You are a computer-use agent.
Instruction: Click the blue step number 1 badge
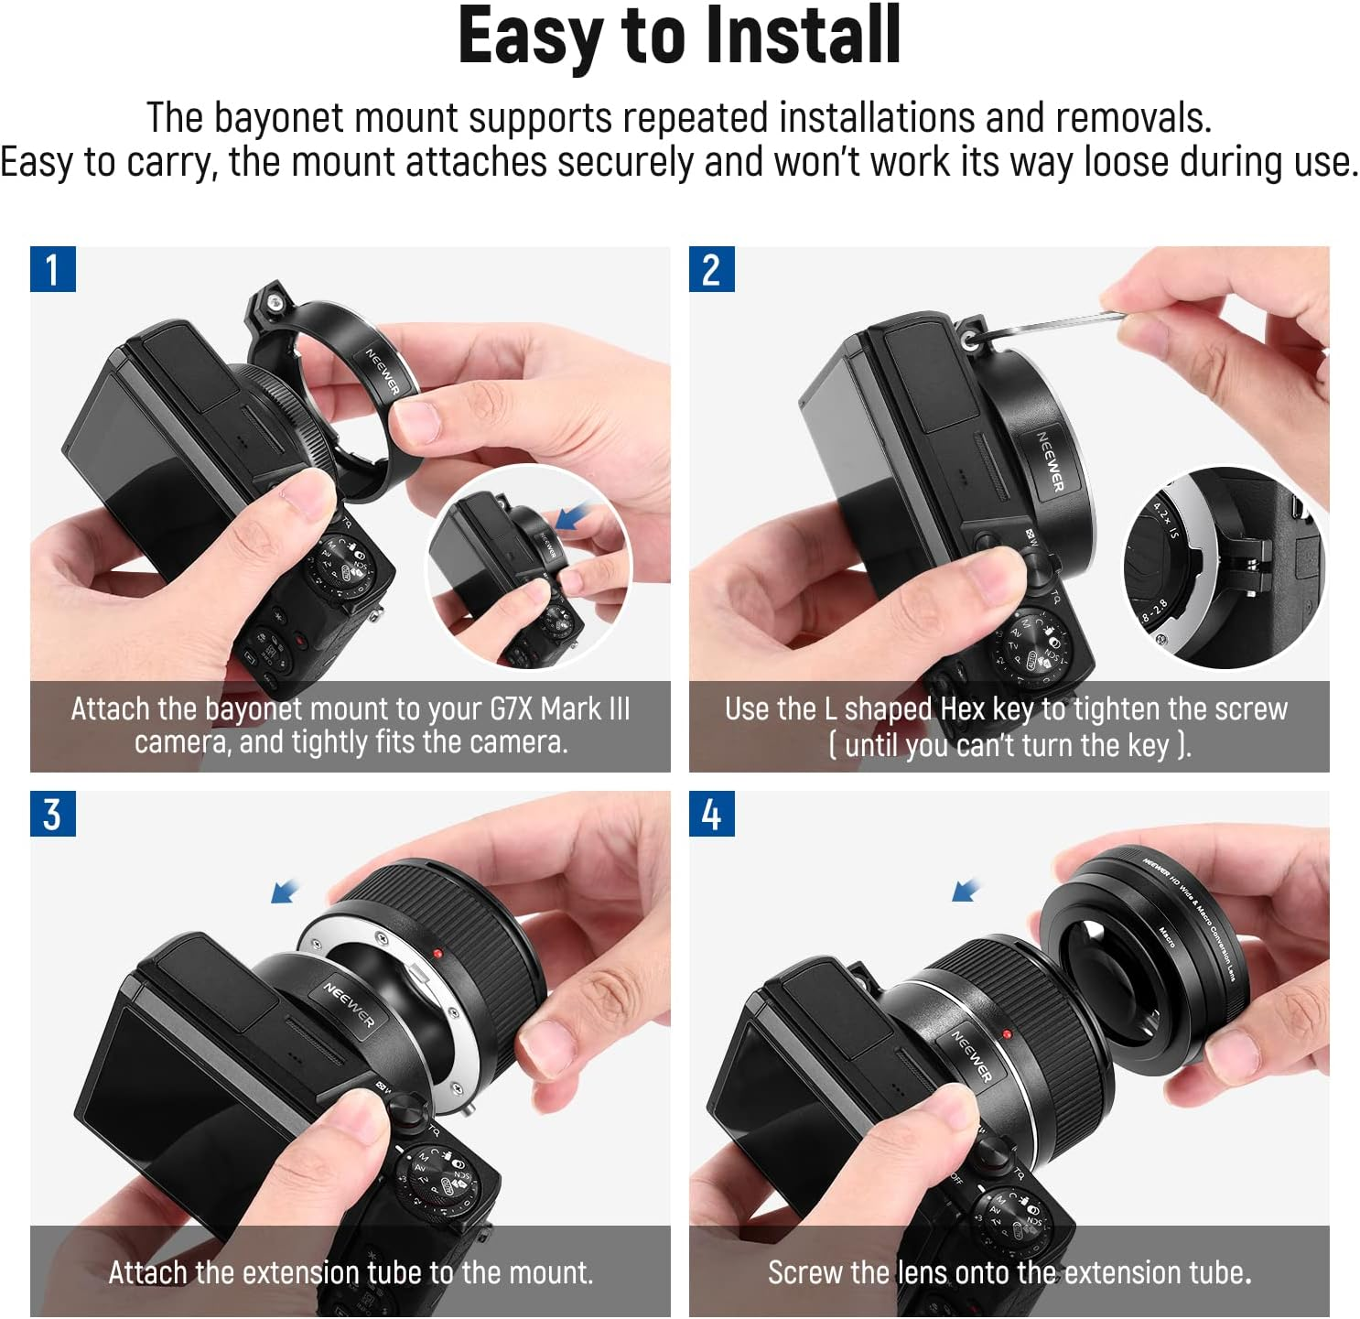click(x=52, y=269)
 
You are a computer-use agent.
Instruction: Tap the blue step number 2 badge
click(x=711, y=269)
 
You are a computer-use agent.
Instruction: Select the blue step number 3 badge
click(x=52, y=814)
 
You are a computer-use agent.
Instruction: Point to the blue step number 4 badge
click(x=711, y=814)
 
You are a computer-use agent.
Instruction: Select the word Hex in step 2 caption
click(x=962, y=709)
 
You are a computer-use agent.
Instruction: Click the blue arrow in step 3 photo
click(x=286, y=890)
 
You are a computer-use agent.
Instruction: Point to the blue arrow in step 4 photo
click(x=965, y=889)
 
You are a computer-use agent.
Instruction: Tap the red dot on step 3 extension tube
click(x=438, y=954)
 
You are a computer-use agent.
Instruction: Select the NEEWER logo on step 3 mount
click(x=349, y=1004)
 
